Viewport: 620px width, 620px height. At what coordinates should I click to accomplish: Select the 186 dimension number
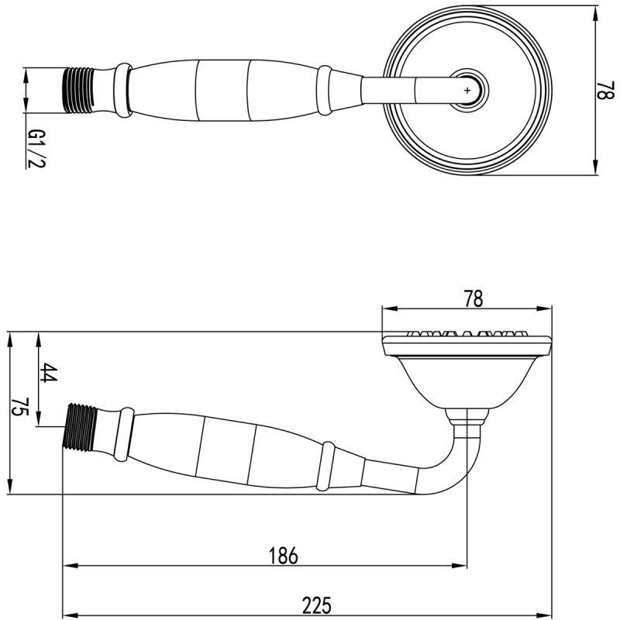tap(283, 555)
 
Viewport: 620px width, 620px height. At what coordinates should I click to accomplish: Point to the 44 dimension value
tap(48, 373)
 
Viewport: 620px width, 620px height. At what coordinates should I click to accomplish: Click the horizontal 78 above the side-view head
tap(472, 297)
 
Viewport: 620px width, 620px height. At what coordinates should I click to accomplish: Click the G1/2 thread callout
tap(36, 149)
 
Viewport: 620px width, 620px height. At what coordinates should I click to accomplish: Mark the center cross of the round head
tap(467, 91)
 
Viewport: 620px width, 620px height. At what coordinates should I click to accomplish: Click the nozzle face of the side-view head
tap(467, 337)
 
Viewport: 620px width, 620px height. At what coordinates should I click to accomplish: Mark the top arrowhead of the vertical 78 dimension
tap(594, 13)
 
